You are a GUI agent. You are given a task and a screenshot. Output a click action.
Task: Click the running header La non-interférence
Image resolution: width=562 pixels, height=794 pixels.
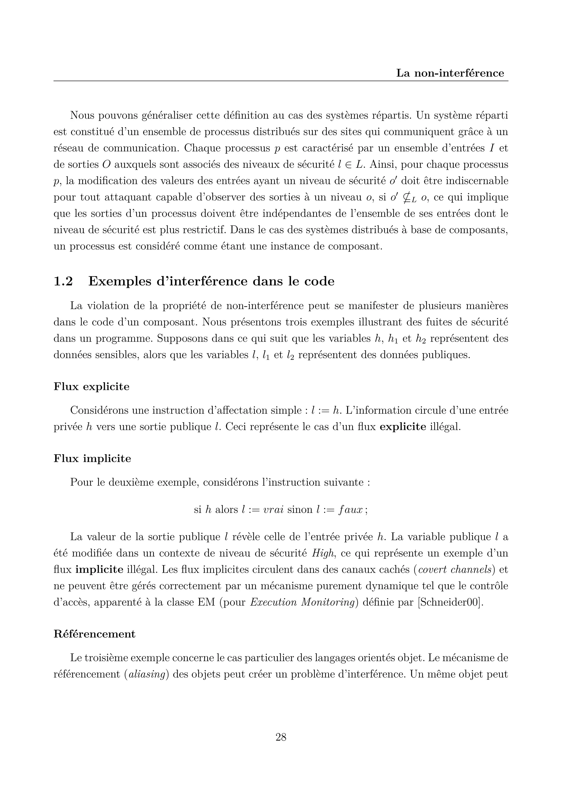point(450,73)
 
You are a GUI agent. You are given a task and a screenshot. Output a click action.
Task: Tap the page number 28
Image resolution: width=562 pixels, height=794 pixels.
point(281,737)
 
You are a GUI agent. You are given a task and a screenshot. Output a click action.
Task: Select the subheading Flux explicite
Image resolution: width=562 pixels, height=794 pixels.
point(91,386)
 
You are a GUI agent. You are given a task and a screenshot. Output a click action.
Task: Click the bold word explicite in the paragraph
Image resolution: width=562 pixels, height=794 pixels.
point(403,427)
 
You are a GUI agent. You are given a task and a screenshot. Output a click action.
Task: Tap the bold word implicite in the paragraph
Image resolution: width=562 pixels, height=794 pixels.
point(99,569)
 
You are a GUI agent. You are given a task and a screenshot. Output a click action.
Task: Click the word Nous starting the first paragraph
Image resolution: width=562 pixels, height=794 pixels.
point(82,115)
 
